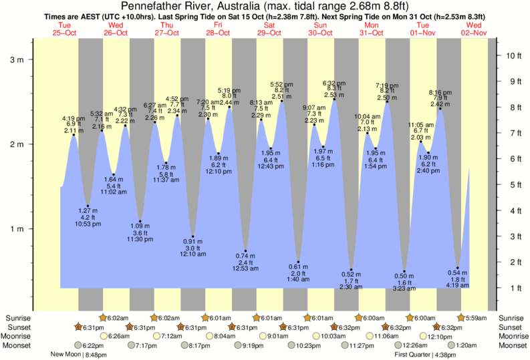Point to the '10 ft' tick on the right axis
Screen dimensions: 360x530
[511, 55]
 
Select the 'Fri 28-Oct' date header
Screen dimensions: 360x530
[218, 29]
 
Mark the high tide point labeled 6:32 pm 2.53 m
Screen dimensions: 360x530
[334, 99]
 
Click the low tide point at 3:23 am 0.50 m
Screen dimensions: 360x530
[405, 270]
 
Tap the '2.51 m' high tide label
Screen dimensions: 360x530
[281, 97]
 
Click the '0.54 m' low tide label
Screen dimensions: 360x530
[458, 273]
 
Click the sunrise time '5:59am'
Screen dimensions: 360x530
[477, 318]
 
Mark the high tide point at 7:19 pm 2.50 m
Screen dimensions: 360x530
[387, 102]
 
